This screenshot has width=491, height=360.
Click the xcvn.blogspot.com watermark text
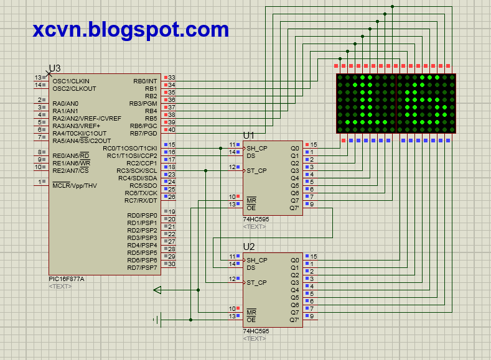pos(131,30)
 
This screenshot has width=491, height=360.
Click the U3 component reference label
pos(55,68)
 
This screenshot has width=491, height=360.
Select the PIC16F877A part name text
pos(67,279)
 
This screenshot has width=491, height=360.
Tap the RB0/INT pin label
pos(145,81)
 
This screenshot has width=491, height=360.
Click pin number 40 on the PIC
pos(172,130)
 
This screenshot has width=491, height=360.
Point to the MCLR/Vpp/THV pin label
pos(75,186)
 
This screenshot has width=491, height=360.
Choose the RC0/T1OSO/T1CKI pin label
pos(130,148)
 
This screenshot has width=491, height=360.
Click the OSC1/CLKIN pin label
pos(71,81)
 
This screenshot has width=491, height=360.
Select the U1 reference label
pos(249,136)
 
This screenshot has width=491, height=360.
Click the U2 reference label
pos(249,247)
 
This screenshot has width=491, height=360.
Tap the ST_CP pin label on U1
pos(256,171)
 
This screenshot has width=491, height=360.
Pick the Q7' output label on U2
pos(294,320)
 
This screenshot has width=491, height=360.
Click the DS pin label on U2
pos(251,268)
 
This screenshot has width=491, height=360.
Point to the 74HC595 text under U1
pos(256,219)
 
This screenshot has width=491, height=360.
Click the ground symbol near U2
pos(158,320)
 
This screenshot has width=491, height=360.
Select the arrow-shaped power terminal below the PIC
pos(157,290)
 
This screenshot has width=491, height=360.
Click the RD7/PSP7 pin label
pos(142,268)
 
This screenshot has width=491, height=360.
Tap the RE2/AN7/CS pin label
pos(70,171)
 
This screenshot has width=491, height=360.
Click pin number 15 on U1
pos(314,144)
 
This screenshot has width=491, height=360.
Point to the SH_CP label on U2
pos(257,261)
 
